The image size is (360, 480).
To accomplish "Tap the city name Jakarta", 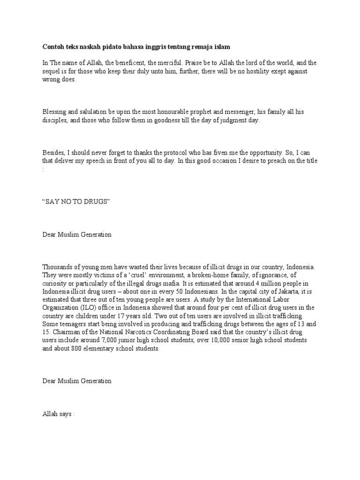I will click(270, 291).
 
